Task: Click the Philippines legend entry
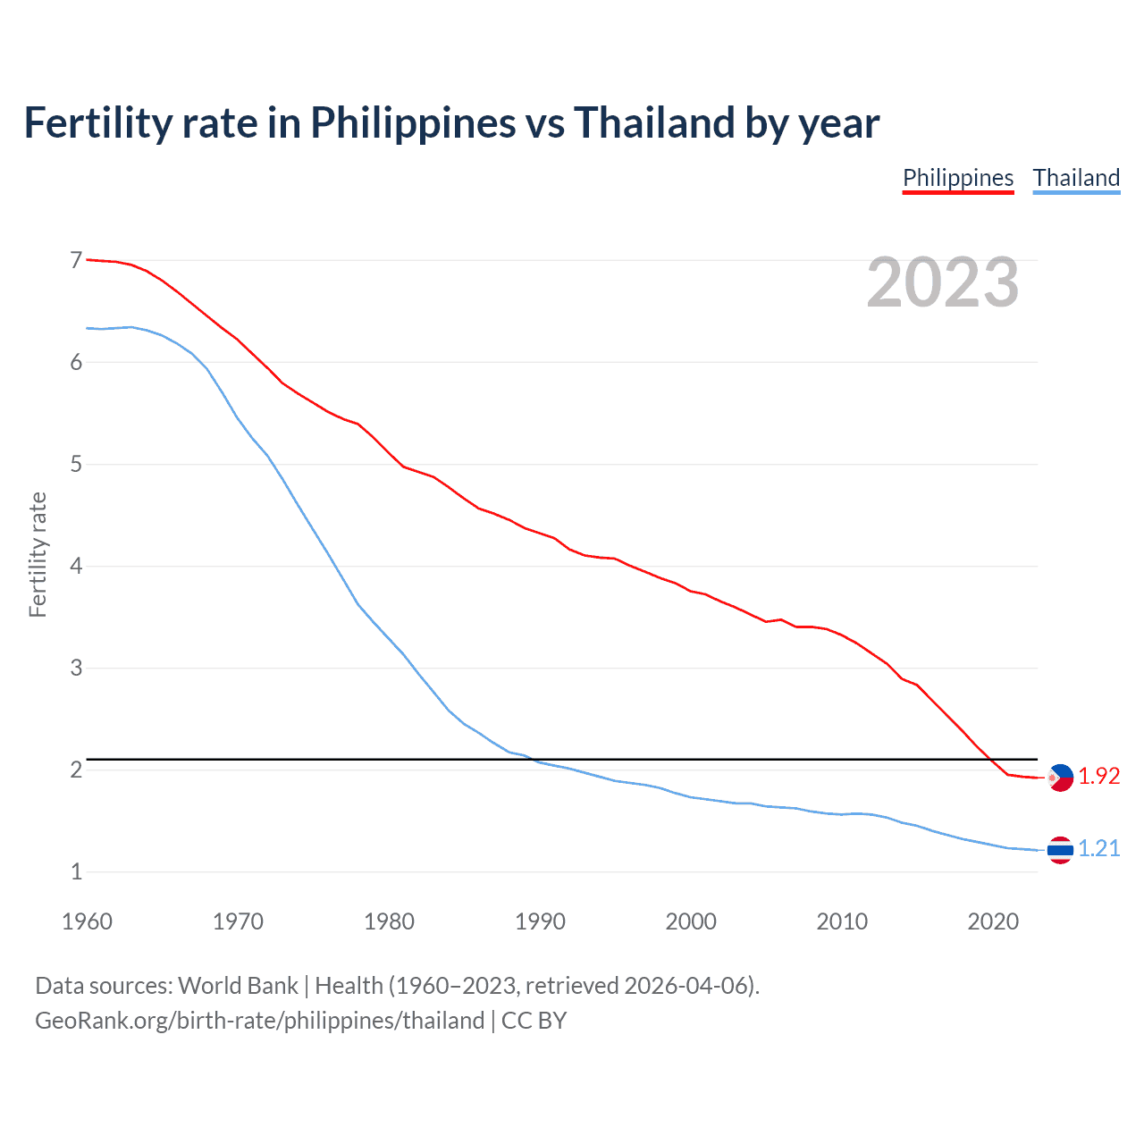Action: [958, 178]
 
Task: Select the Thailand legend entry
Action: [1076, 178]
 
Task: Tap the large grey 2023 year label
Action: [942, 282]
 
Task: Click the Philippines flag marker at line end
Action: [1060, 778]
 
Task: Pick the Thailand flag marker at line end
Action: [1060, 850]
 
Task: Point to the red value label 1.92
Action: [1098, 777]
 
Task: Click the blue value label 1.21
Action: [1098, 849]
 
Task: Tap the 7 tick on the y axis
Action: [76, 261]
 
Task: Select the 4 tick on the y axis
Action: [76, 567]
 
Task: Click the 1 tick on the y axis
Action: [76, 872]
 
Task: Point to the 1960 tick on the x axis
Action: [87, 921]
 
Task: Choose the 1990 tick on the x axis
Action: [540, 921]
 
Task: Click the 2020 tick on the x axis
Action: [993, 921]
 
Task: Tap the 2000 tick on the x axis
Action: [691, 921]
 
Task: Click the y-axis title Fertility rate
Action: [38, 554]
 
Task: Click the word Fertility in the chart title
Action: [96, 122]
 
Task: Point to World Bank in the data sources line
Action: [238, 986]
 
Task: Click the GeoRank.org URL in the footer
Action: [259, 1021]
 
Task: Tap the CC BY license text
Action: [534, 1021]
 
